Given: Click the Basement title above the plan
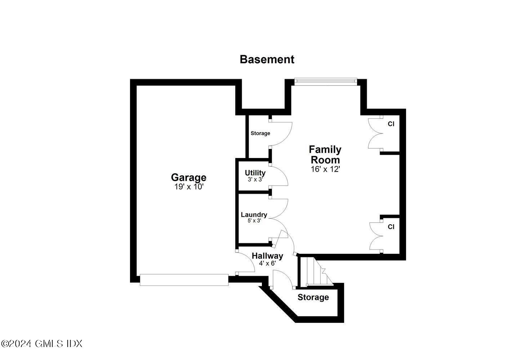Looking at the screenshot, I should (267, 59).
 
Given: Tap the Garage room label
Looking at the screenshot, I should (188, 177).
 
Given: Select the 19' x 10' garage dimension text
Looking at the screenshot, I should (189, 187).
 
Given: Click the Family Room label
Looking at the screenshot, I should (325, 154).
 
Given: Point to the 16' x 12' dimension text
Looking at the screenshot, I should (325, 169).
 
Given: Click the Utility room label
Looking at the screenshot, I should (255, 173).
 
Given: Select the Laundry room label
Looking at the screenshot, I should (254, 215).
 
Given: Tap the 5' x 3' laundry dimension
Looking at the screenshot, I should (254, 221).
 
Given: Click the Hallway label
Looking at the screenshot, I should (267, 256).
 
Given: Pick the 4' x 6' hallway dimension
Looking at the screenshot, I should (267, 263).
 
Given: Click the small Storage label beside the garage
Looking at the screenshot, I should (260, 133).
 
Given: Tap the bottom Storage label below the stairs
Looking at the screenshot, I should (313, 297).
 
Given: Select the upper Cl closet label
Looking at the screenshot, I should (391, 124).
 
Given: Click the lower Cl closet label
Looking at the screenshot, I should (391, 227).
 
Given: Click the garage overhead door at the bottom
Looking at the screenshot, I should (184, 280).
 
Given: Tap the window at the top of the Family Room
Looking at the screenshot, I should (326, 82).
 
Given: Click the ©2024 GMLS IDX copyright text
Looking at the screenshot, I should (42, 343).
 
